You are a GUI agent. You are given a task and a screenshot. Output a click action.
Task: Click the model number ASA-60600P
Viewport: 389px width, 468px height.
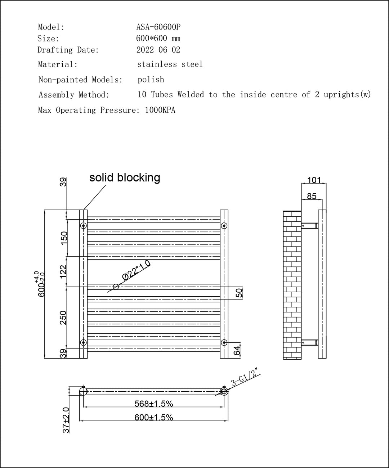coord(158,27)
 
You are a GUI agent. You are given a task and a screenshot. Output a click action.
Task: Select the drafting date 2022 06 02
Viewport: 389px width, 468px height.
coord(158,50)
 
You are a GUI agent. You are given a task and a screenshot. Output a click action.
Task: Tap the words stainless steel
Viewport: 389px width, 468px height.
coord(170,64)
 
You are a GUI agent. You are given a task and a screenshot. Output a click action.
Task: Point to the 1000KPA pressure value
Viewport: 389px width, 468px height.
coord(160,110)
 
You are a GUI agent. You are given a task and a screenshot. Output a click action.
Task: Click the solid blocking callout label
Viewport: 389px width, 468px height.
coord(125,177)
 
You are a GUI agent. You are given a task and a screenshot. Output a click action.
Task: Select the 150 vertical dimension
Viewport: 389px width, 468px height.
coord(63,238)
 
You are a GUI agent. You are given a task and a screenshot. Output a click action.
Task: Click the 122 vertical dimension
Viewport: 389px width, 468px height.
coord(63,272)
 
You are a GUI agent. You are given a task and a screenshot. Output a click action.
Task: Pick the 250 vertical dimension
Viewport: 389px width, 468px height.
coord(63,318)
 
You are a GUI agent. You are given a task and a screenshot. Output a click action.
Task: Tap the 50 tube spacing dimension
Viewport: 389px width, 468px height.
coord(239,293)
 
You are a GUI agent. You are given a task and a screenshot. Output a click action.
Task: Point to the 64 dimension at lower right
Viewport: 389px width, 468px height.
coord(237,350)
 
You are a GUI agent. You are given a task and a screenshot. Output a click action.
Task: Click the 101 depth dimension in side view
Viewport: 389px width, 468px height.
coord(314,180)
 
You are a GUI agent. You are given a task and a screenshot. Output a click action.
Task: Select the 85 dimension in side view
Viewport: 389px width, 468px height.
coord(311,196)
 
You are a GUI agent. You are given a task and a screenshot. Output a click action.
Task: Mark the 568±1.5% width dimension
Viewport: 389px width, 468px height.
coord(154,404)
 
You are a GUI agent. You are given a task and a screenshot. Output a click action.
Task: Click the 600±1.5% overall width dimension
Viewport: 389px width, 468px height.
coord(154,417)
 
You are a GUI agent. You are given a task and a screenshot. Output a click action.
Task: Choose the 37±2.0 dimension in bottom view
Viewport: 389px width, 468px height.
coord(66,420)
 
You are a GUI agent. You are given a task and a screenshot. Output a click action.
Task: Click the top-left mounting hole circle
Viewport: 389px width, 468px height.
coord(83,226)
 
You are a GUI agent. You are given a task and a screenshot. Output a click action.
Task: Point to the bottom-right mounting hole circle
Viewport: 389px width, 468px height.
coord(224,342)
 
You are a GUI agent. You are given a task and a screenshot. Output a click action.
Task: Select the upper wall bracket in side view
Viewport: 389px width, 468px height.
coord(310,226)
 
